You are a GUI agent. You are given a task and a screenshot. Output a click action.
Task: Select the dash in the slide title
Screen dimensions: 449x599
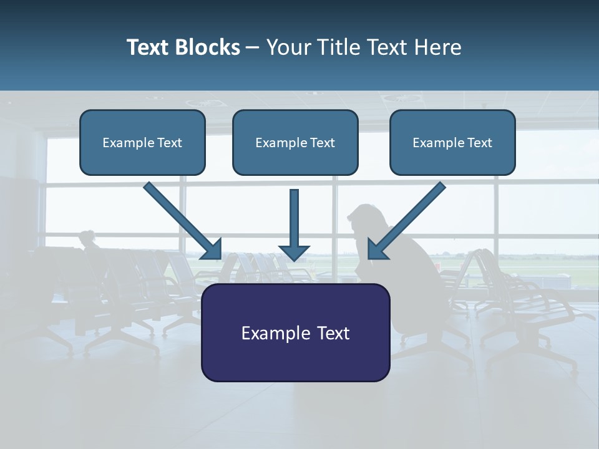253,48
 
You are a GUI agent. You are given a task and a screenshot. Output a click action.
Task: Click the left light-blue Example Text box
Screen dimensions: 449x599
142,143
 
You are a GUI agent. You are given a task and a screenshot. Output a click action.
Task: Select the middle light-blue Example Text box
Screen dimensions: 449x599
295,143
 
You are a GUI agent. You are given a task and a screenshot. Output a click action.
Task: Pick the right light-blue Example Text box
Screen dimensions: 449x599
452,143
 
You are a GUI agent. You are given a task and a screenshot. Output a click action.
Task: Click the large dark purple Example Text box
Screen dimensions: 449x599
295,332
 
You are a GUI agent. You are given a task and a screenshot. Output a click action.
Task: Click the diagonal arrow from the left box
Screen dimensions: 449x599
181,218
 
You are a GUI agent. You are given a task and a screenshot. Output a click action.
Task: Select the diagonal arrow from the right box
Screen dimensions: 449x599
409,218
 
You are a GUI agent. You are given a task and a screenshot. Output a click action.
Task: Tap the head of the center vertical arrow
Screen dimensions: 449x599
294,251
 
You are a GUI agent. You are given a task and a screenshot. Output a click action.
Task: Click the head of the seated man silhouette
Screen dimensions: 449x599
363,220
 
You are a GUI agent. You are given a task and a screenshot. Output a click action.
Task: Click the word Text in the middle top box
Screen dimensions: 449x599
322,143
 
